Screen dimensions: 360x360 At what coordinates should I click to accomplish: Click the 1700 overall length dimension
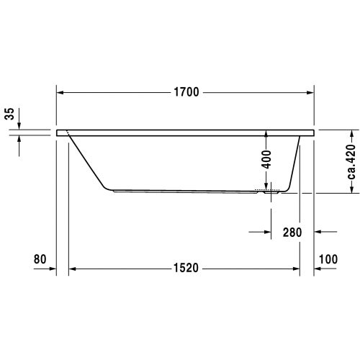(186, 92)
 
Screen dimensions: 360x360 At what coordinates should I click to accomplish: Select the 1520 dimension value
(186, 268)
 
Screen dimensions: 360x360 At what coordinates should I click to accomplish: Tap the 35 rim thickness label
(10, 114)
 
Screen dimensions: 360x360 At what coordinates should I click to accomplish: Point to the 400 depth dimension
(266, 159)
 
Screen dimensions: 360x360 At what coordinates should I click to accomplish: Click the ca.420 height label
(351, 161)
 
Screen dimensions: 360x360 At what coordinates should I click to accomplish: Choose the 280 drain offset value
(292, 233)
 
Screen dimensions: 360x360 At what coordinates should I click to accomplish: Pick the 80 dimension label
(40, 259)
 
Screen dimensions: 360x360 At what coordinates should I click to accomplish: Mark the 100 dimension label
(328, 259)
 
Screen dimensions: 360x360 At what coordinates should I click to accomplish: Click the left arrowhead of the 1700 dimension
(60, 93)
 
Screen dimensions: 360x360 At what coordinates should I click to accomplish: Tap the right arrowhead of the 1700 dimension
(310, 93)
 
